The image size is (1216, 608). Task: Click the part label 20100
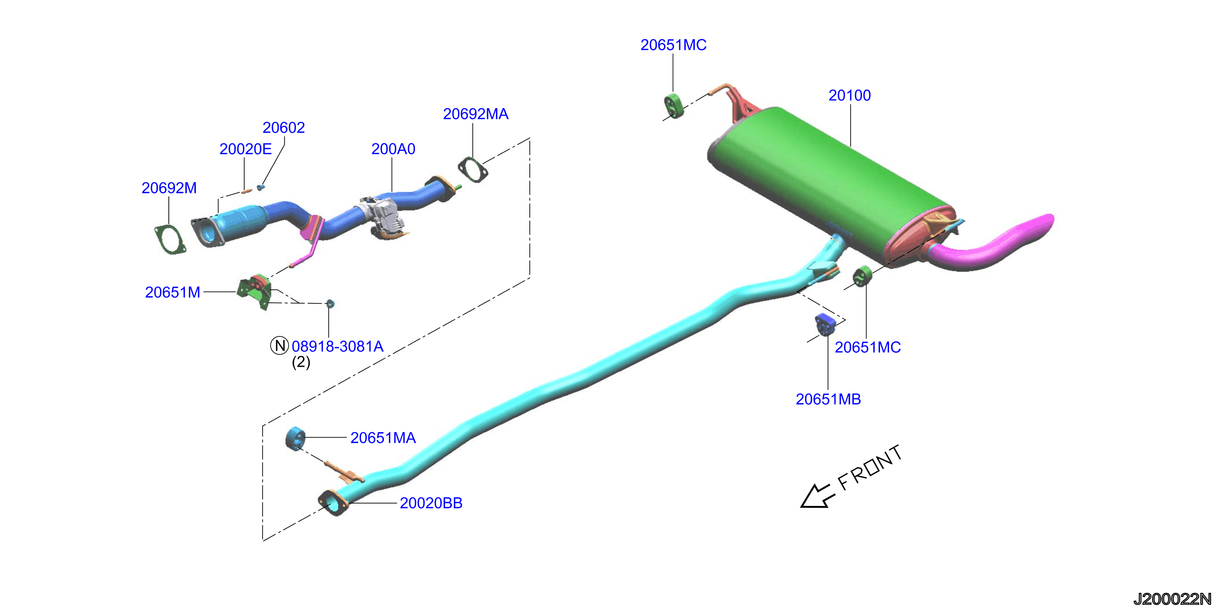pos(850,95)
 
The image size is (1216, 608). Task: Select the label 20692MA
pos(475,114)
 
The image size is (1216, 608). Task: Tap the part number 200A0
pos(393,149)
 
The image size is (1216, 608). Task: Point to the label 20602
pos(284,127)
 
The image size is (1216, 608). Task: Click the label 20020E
pos(245,149)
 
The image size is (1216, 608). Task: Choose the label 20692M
pos(169,188)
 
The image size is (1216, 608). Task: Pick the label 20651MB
pos(828,399)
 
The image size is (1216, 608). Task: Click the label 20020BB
pos(431,503)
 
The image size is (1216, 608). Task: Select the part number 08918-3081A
pos(338,347)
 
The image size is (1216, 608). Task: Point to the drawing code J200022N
pos(1173,599)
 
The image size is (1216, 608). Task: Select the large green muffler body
pos(831,184)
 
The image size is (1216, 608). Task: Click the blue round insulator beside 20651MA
pos(295,438)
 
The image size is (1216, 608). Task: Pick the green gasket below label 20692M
pos(170,240)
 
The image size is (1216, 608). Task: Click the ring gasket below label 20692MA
pos(472,170)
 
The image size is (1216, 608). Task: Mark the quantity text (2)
pos(301,363)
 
